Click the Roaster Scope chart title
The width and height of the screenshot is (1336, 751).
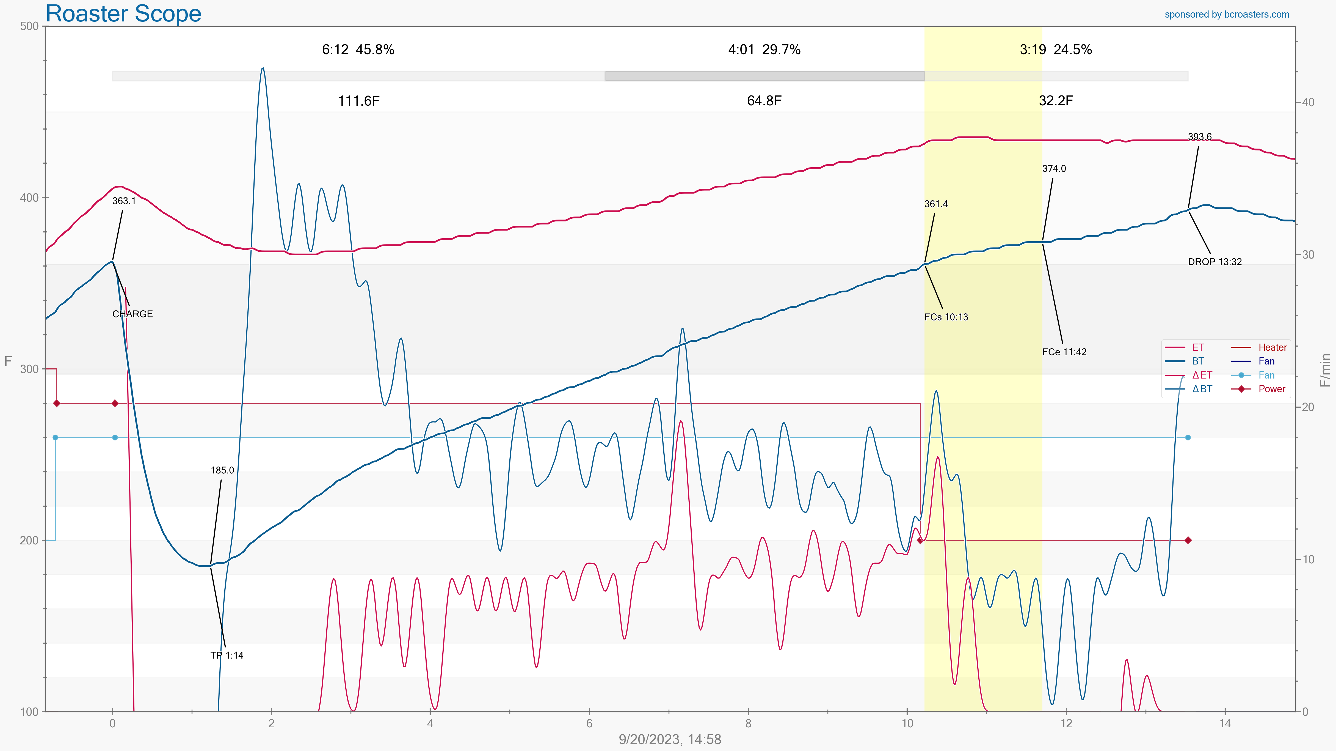click(x=123, y=13)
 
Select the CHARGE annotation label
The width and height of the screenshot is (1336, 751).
click(x=132, y=314)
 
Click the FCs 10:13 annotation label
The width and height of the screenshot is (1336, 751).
click(x=946, y=317)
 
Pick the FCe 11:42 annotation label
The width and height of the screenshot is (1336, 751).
click(x=1064, y=352)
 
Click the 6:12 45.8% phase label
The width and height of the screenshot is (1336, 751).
click(x=358, y=50)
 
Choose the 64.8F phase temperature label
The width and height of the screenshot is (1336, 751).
click(x=764, y=101)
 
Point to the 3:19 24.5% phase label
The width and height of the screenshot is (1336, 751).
click(x=1055, y=50)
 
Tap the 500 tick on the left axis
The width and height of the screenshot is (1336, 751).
click(x=30, y=26)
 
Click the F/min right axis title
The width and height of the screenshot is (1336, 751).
click(x=1326, y=370)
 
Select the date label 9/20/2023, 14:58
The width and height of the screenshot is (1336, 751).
click(x=670, y=739)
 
